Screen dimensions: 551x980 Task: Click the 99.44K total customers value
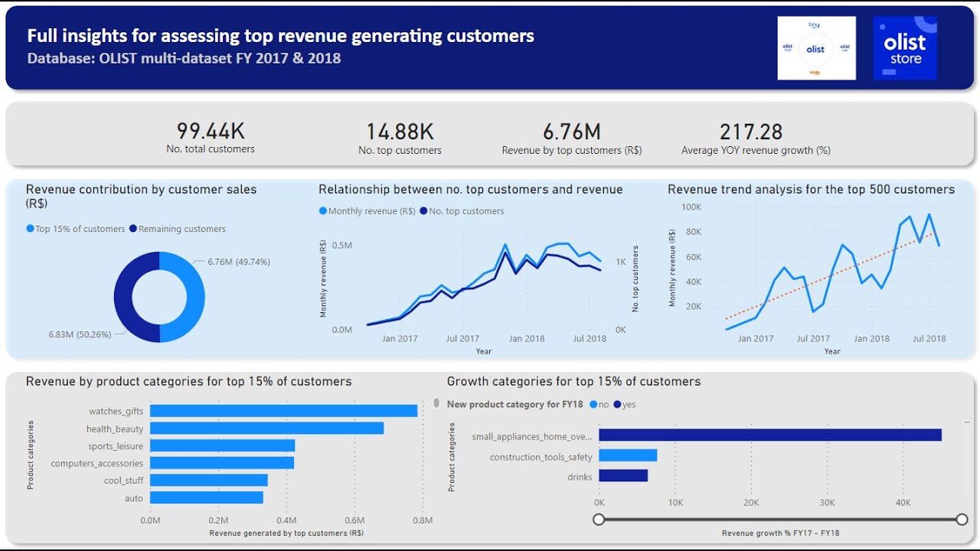211,131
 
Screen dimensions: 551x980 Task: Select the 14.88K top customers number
400,132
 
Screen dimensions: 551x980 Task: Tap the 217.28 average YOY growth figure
751,132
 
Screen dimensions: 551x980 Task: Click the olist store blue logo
905,48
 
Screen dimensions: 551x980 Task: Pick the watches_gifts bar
283,411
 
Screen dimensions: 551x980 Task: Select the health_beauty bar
266,429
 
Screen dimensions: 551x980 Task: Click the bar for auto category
206,497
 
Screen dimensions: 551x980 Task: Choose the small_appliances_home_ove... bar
769,435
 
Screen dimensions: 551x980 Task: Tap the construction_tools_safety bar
628,456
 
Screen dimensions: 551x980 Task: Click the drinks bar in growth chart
623,476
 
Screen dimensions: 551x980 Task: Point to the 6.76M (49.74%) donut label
239,262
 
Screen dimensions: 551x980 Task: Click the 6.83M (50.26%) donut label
80,334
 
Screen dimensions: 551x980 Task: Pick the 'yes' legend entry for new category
624,405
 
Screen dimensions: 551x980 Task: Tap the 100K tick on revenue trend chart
691,207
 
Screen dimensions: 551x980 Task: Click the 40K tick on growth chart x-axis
903,503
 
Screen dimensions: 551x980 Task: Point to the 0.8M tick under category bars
423,520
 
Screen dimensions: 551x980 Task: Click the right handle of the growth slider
962,520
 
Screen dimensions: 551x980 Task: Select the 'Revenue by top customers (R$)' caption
571,151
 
